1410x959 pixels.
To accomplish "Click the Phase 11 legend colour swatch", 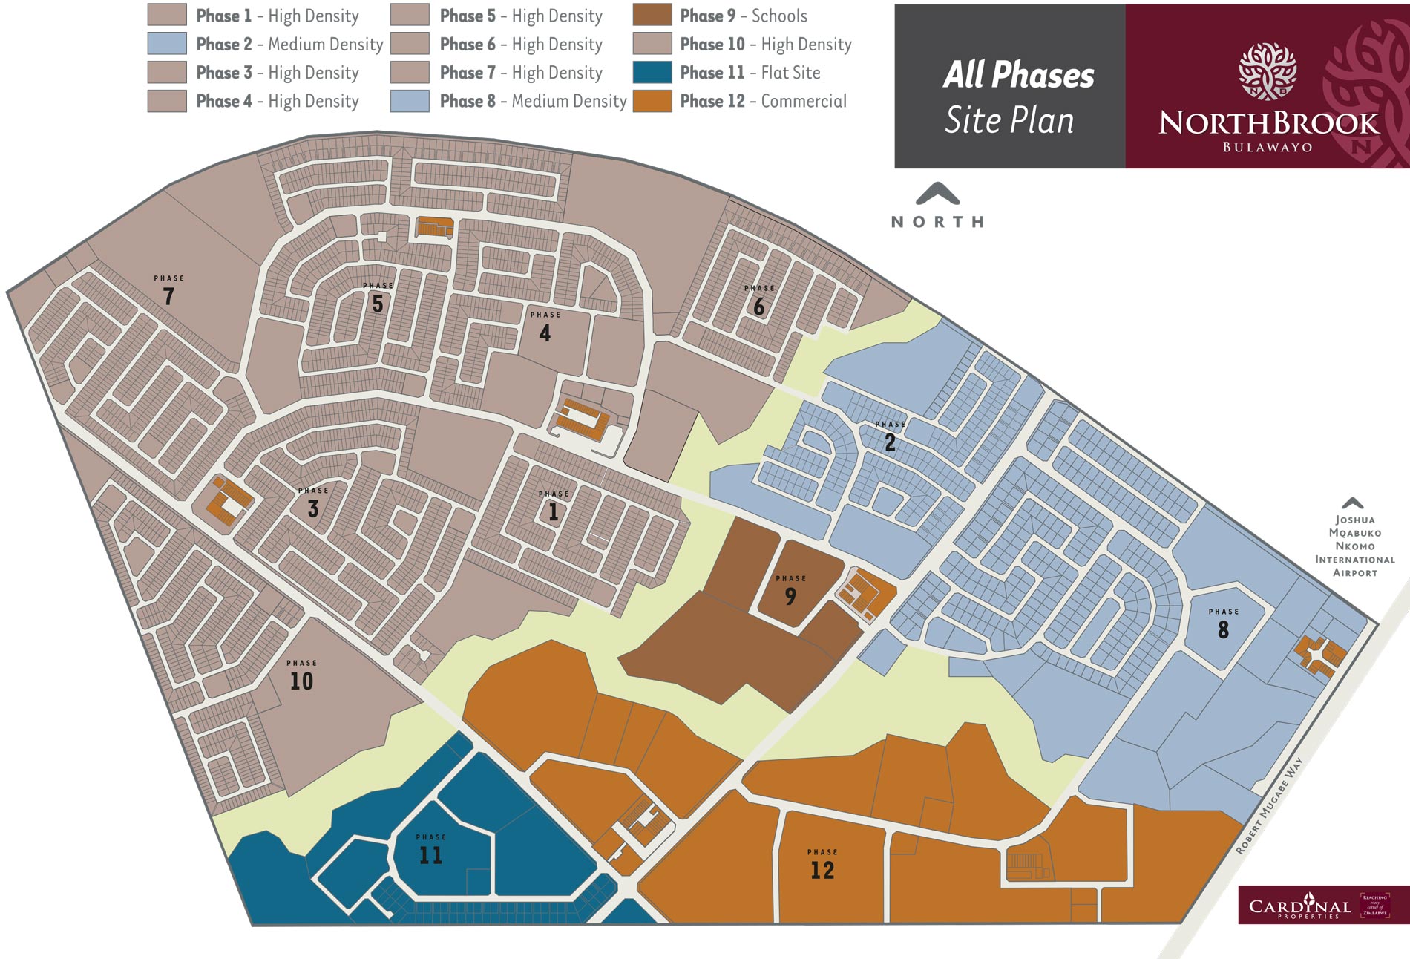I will click(x=652, y=73).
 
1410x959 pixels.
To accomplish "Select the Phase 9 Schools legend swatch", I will click(x=652, y=16).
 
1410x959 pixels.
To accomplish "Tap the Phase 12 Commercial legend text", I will click(x=763, y=101).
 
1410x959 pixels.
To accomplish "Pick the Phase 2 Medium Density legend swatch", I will click(x=166, y=44).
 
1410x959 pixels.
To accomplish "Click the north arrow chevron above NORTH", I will click(x=937, y=194).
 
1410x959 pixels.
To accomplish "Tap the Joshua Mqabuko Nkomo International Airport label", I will click(x=1354, y=546).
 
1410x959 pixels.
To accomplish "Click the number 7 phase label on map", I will click(x=168, y=296).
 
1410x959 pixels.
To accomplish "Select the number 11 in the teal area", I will click(x=430, y=855).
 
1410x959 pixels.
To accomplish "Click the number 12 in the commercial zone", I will click(x=822, y=870).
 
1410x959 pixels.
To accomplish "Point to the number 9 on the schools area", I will click(x=790, y=596).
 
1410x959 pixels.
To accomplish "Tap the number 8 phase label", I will click(x=1223, y=630).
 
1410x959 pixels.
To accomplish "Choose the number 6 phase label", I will click(x=758, y=307).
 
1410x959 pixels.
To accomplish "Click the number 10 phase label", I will click(x=301, y=681).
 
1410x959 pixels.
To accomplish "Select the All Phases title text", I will click(x=1018, y=75).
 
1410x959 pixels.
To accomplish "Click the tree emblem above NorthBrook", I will click(x=1268, y=71).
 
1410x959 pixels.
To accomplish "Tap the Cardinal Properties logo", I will click(x=1300, y=906).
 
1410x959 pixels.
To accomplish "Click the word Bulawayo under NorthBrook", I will click(x=1268, y=147).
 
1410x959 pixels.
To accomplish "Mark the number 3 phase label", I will click(x=312, y=509).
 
